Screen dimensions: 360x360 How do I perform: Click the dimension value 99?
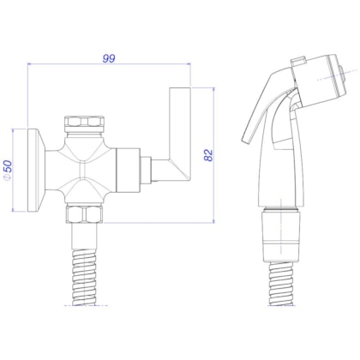tap(108, 58)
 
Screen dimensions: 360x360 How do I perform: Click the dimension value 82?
tap(207, 156)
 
